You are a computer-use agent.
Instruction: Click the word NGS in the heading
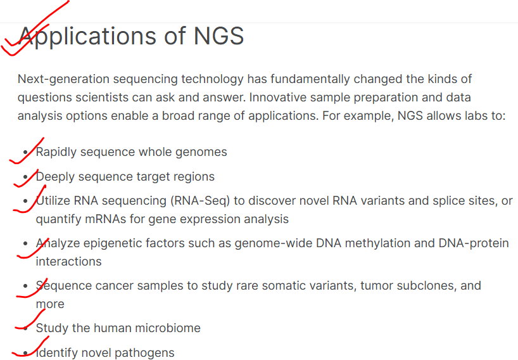coord(218,35)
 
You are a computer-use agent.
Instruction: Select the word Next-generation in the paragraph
coord(63,79)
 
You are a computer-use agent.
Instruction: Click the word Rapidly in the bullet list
coord(56,152)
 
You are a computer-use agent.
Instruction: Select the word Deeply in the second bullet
coord(55,177)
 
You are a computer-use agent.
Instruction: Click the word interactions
coord(69,262)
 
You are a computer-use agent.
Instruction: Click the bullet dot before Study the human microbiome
coord(26,328)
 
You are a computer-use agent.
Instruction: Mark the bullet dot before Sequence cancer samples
coord(26,286)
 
